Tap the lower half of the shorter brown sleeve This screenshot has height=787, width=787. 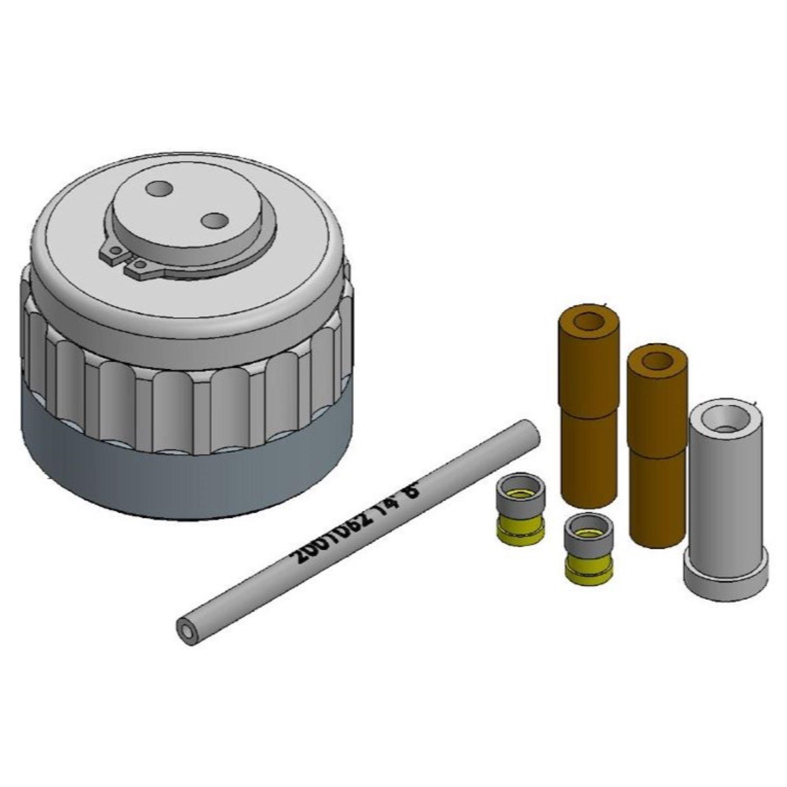point(656,497)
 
